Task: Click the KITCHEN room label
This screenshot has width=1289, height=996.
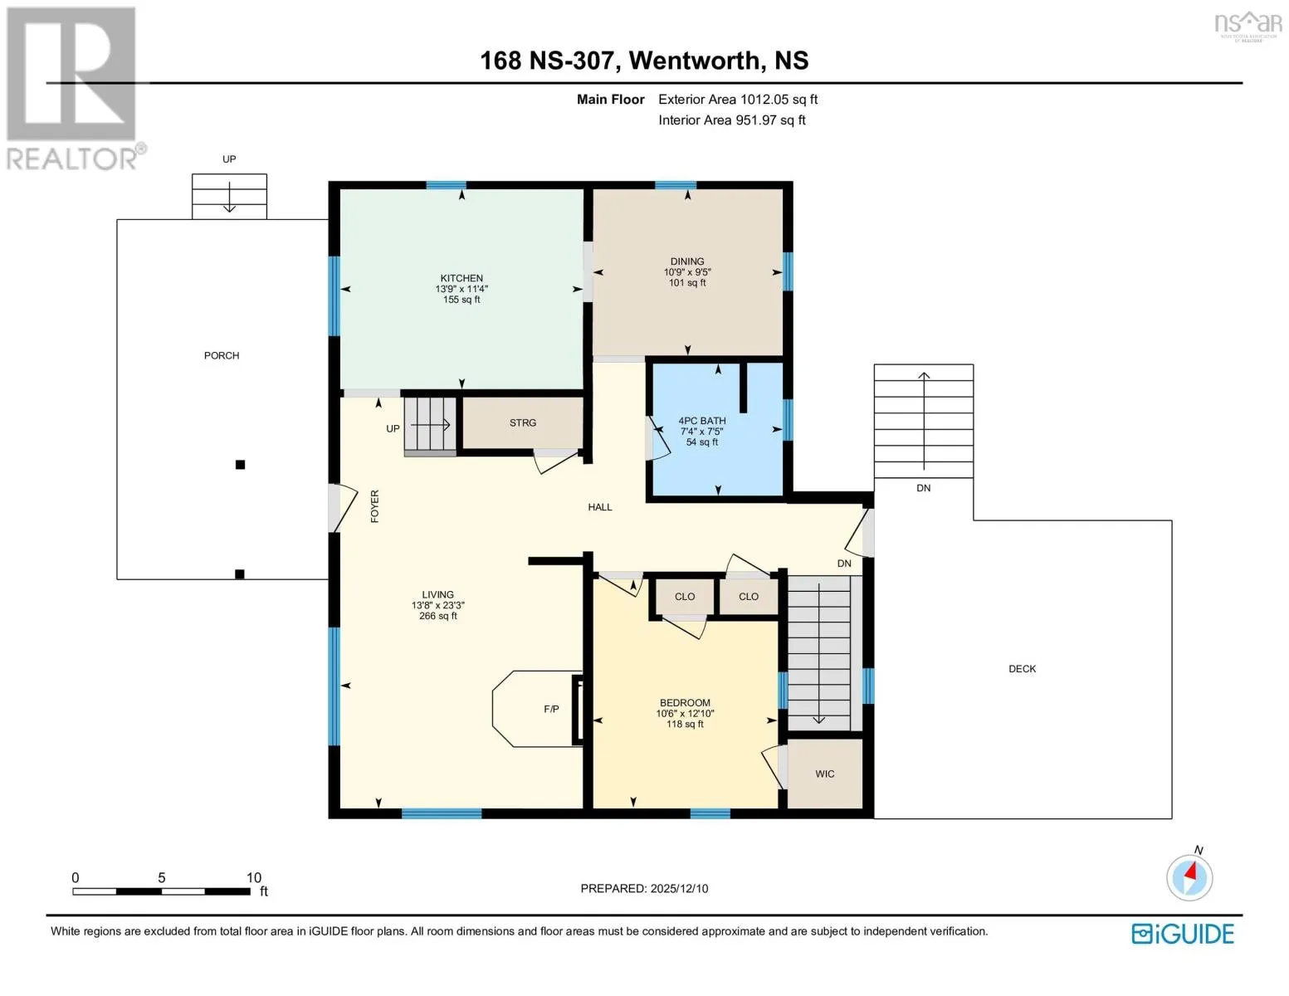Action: [x=461, y=278]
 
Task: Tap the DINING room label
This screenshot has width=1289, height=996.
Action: [x=687, y=261]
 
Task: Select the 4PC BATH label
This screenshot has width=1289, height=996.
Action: [x=701, y=421]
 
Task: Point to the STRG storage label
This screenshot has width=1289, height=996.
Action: [x=522, y=423]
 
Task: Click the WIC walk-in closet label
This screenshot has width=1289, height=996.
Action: [x=824, y=774]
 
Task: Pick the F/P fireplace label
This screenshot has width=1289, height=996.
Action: [x=551, y=709]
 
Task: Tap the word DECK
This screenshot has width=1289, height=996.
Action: [x=1022, y=669]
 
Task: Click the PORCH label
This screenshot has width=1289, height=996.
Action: [x=222, y=356]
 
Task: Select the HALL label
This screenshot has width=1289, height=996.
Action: [x=600, y=507]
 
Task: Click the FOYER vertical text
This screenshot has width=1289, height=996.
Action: [x=374, y=506]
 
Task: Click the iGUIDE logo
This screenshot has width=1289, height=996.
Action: [x=1183, y=934]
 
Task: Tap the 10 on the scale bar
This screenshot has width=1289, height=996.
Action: [x=253, y=877]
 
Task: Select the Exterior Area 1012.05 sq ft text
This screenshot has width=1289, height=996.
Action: [x=738, y=100]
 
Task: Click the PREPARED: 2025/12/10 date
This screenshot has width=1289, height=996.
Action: [x=644, y=889]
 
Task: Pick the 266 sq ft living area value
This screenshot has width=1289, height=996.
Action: [x=437, y=617]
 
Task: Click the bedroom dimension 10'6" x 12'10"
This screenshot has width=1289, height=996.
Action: [x=685, y=714]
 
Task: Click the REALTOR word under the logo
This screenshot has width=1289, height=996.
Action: [x=72, y=159]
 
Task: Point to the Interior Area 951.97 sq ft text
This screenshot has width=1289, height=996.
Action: [x=732, y=120]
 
